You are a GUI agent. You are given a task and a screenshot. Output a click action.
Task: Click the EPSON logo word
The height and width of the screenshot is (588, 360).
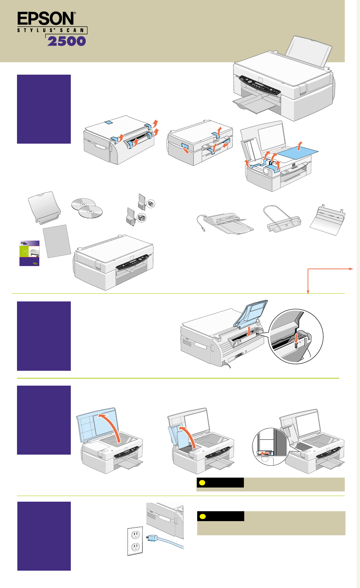click(46, 18)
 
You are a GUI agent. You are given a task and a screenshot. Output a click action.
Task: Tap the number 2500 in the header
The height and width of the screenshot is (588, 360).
click(67, 41)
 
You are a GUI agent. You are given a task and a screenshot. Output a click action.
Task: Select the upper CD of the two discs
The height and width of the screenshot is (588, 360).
click(83, 204)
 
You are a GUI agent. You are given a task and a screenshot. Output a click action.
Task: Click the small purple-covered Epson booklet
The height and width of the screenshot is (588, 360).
click(29, 253)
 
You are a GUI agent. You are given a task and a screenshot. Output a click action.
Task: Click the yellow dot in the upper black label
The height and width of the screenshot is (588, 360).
click(202, 483)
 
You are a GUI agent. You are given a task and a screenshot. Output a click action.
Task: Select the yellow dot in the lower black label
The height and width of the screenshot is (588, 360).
click(202, 516)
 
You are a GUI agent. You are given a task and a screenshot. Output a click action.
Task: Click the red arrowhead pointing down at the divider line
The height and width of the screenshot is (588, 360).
click(308, 292)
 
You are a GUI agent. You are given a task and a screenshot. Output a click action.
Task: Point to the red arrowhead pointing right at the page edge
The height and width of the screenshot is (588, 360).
click(351, 269)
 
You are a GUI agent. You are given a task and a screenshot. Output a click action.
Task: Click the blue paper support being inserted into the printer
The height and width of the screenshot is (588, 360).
click(250, 313)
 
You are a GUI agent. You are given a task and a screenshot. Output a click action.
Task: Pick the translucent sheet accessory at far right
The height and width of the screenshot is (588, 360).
click(327, 221)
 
